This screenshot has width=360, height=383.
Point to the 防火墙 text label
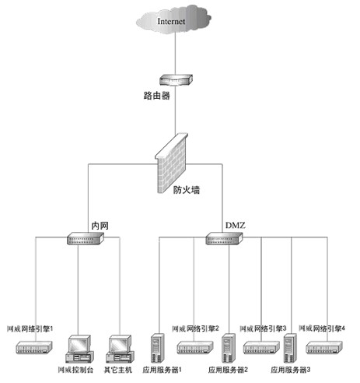tap(185, 188)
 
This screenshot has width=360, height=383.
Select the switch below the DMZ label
tap(224, 240)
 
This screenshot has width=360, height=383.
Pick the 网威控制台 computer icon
tap(80, 347)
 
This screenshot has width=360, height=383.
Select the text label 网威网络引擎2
tap(195, 329)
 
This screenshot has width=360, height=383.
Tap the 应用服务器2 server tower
tap(229, 347)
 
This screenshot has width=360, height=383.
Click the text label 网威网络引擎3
tap(264, 329)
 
